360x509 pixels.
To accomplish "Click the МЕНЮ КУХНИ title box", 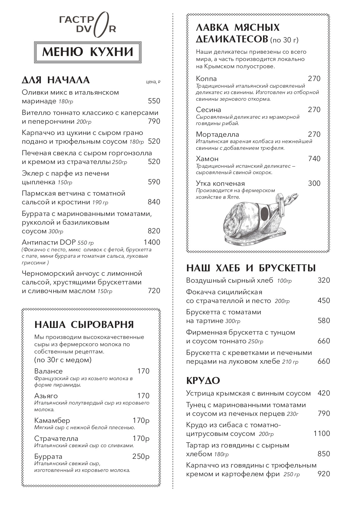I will coord(88,52).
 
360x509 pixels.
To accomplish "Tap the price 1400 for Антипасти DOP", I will coord(152,242).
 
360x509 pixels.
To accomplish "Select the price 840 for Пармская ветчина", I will coord(154,202).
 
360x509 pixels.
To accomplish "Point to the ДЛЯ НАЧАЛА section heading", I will coord(56,80).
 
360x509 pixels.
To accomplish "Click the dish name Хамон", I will coord(207,159).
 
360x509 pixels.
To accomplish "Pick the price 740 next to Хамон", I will coord(314,159).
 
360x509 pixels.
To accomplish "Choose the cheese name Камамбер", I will coord(52,420).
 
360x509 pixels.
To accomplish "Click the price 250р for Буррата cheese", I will coord(141,456).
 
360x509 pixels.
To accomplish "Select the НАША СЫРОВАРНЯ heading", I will coord(84,324).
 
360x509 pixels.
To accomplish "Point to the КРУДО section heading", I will coord(203,380).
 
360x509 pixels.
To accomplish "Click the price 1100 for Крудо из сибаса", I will coord(322,434).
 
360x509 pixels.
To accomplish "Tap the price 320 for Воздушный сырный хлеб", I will coord(324,280).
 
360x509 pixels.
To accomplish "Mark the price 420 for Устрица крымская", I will coord(324,393).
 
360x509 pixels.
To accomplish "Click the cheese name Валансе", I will coord(48,371).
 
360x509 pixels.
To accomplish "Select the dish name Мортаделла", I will coord(217,134).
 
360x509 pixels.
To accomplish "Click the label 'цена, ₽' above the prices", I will coord(153,82).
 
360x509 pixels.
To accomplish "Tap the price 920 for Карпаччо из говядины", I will coord(324,474).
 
